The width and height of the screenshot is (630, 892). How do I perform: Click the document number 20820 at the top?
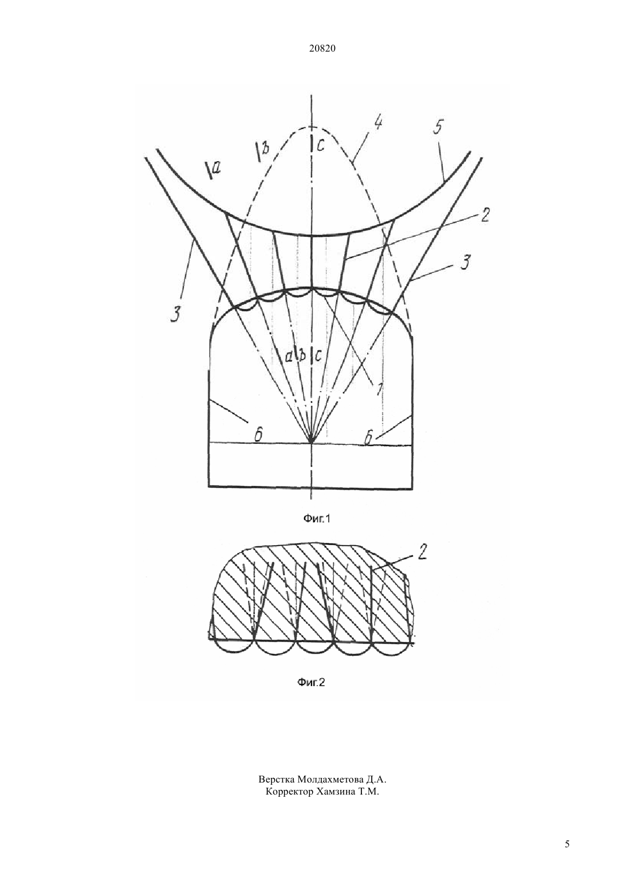pos(322,49)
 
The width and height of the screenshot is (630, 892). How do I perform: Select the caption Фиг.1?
pos(317,518)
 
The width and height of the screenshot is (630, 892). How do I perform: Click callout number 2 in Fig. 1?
pos(484,215)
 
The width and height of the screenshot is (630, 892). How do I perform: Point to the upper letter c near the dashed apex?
pos(321,146)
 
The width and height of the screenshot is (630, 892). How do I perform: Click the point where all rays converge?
pos(312,442)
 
